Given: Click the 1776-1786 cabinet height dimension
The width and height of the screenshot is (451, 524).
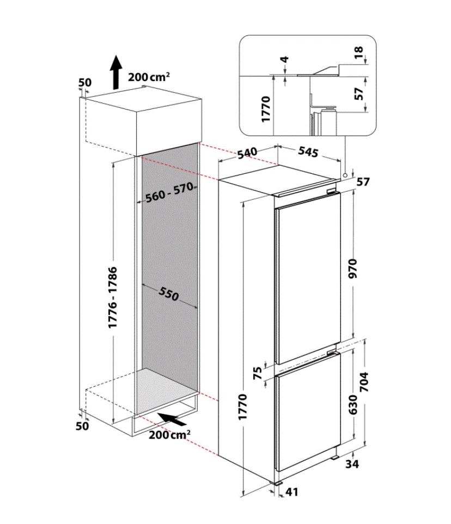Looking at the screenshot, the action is (x=113, y=297).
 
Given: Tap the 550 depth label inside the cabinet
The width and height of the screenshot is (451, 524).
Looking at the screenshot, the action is (x=169, y=294).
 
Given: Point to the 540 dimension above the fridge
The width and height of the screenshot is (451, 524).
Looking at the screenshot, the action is (x=247, y=153).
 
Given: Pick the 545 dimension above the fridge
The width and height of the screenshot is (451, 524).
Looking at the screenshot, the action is (x=308, y=152).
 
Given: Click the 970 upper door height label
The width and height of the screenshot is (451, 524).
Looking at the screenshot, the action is (x=352, y=269).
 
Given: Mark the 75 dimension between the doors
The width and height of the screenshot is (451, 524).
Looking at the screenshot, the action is (x=258, y=373).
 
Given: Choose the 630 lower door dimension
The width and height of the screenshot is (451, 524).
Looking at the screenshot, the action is (x=353, y=404).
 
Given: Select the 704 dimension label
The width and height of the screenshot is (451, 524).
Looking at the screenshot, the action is (x=364, y=382).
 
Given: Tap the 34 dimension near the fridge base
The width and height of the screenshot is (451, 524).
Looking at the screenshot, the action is (x=352, y=464).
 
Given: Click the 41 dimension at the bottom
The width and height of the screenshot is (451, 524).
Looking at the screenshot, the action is (x=291, y=492).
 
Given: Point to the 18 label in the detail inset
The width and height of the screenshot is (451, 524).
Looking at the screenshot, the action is (x=358, y=52).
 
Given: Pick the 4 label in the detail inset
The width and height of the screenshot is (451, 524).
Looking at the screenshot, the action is (x=285, y=59).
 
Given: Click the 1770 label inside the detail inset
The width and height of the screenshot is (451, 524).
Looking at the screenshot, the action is (x=266, y=109).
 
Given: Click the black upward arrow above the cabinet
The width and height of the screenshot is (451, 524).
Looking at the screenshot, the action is (x=116, y=72).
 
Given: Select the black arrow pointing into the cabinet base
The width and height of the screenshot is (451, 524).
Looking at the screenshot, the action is (x=172, y=419).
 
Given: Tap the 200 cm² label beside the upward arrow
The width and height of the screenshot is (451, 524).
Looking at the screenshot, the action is (x=149, y=77).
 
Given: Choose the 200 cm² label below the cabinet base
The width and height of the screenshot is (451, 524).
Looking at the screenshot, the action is (x=170, y=435).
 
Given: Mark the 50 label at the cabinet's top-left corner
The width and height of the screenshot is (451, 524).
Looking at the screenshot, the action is (x=85, y=83).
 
